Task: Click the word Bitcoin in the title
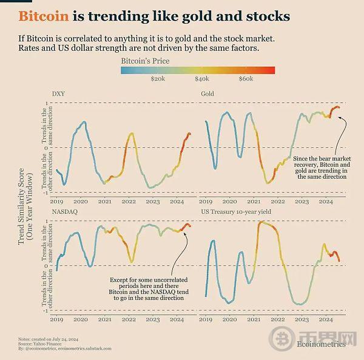pos(43,15)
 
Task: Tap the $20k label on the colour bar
pos(157,79)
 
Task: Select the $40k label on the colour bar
pos(202,79)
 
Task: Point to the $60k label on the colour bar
pos(246,79)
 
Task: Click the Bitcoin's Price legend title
pos(145,61)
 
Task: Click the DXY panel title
pos(58,94)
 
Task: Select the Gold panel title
pos(207,94)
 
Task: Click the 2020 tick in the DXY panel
pos(81,201)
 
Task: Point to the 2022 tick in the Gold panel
pos(278,201)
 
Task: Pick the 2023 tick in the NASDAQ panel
pos(153,319)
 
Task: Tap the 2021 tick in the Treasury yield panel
pos(254,319)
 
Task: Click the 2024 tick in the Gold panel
pos(326,201)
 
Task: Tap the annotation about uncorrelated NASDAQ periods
pos(149,288)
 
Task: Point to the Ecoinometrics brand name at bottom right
pos(321,344)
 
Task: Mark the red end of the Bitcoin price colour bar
pos(272,70)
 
